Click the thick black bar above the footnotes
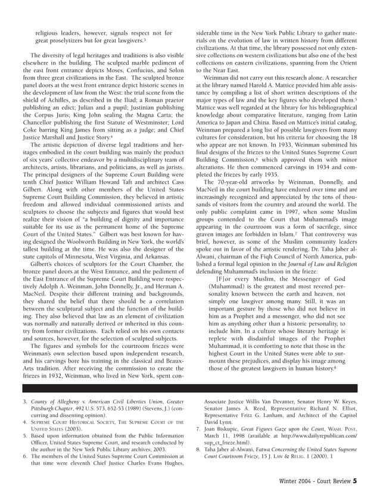coord(189,388)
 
